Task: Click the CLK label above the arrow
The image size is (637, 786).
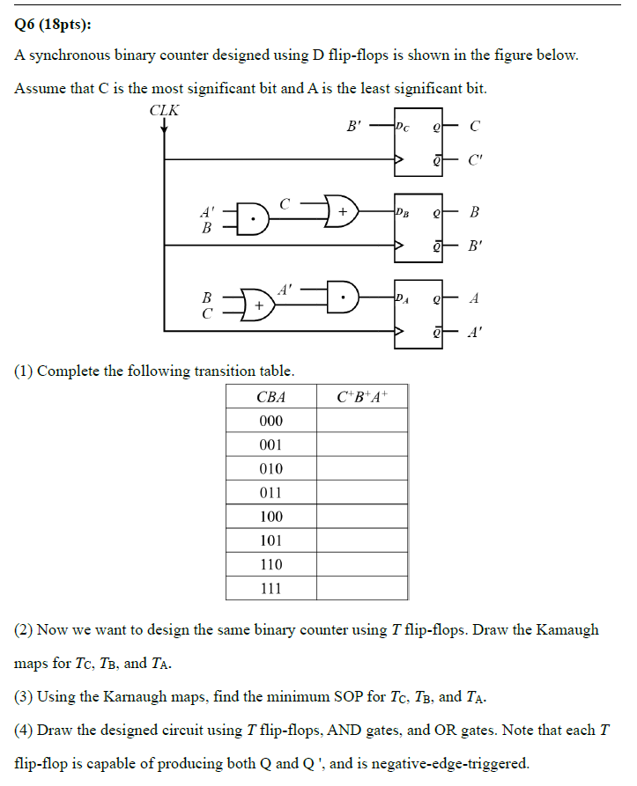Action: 165,110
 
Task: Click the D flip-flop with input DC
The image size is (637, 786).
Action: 418,143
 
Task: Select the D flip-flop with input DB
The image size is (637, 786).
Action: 418,228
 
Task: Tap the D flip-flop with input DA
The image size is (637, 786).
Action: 418,314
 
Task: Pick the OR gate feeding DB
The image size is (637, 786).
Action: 342,212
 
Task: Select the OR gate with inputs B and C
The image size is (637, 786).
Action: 257,305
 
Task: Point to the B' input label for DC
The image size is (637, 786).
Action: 354,127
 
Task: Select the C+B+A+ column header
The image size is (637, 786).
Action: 361,397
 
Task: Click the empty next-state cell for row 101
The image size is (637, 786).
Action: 361,540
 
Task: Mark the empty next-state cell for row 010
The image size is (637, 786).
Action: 361,469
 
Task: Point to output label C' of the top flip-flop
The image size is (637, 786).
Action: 475,160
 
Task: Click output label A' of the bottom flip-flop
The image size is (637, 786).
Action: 475,332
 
